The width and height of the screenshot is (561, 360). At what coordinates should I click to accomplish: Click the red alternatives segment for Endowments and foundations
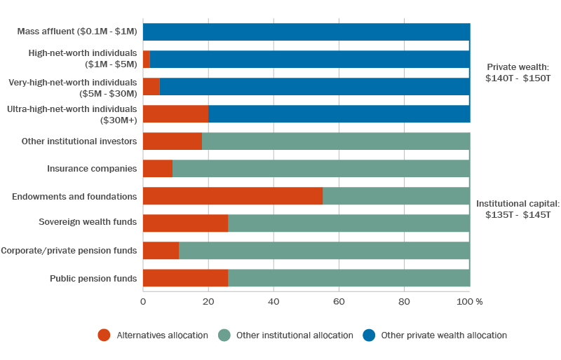232,196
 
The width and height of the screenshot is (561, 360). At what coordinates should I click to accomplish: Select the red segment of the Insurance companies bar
157,169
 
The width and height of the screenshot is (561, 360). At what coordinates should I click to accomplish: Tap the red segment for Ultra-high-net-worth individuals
175,114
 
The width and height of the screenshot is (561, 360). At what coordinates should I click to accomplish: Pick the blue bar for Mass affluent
306,32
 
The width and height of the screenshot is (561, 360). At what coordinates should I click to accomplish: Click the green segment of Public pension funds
349,278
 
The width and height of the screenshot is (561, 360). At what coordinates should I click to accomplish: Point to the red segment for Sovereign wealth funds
185,223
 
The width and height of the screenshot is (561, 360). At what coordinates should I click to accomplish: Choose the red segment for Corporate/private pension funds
161,251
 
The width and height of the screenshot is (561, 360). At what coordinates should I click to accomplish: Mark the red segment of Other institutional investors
172,141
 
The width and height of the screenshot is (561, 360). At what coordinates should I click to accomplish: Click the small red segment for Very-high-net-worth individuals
151,87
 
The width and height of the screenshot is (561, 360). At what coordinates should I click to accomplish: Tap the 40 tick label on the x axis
273,302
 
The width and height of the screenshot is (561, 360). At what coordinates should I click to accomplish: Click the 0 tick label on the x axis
143,302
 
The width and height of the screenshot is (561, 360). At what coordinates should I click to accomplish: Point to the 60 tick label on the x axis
339,302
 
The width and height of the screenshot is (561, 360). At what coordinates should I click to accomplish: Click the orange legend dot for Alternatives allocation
104,335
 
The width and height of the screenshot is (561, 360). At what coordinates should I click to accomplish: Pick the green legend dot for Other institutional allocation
224,335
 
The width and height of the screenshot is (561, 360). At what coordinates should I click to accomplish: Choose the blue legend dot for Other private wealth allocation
368,335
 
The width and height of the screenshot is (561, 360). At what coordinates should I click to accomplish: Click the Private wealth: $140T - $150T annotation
518,73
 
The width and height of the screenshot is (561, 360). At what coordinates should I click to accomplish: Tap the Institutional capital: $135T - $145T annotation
518,209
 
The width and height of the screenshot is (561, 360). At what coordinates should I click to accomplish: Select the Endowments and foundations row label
74,197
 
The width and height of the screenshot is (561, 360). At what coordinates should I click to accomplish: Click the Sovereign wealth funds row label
88,223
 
